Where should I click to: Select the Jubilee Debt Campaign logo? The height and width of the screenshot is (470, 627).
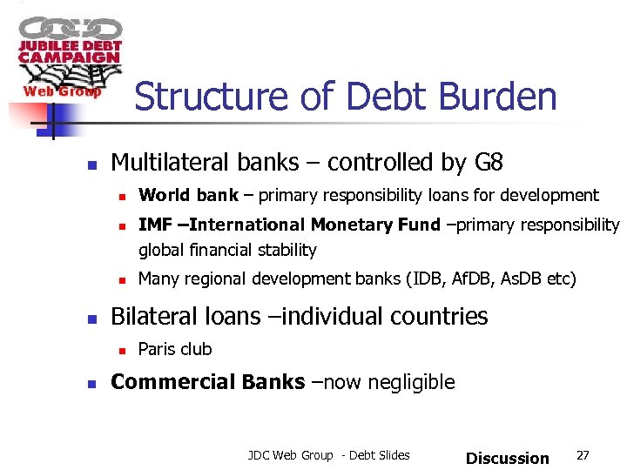tap(68, 57)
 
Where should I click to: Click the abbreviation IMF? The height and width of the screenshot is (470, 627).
tap(155, 225)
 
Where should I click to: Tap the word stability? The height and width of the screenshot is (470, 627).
tap(288, 251)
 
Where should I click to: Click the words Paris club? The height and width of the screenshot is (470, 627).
tap(175, 349)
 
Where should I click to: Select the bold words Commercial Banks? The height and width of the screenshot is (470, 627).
tap(208, 382)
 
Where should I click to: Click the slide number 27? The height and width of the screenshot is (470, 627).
tap(583, 455)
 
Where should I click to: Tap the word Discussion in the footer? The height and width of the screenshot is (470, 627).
tap(508, 458)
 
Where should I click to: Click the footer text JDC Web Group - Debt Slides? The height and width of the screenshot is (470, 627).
tap(328, 455)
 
